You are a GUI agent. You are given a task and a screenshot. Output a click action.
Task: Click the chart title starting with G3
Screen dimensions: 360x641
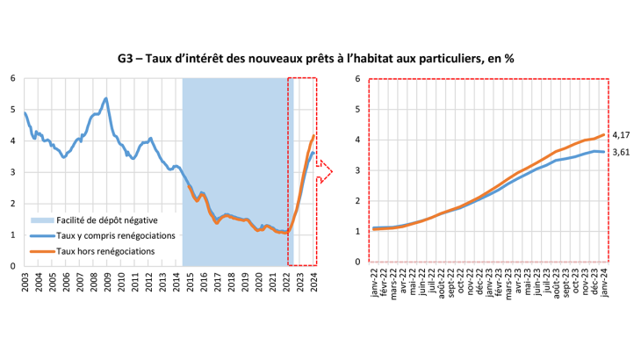[x=320, y=59]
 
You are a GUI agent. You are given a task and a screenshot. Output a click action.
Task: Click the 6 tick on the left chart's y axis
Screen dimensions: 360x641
[x=13, y=78]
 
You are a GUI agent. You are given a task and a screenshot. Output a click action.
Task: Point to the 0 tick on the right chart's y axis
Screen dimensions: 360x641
[x=358, y=262]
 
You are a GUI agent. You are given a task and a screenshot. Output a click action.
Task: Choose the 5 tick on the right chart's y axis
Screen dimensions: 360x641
[x=358, y=109]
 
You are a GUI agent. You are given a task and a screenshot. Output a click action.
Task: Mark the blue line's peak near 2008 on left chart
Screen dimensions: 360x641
[x=106, y=98]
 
